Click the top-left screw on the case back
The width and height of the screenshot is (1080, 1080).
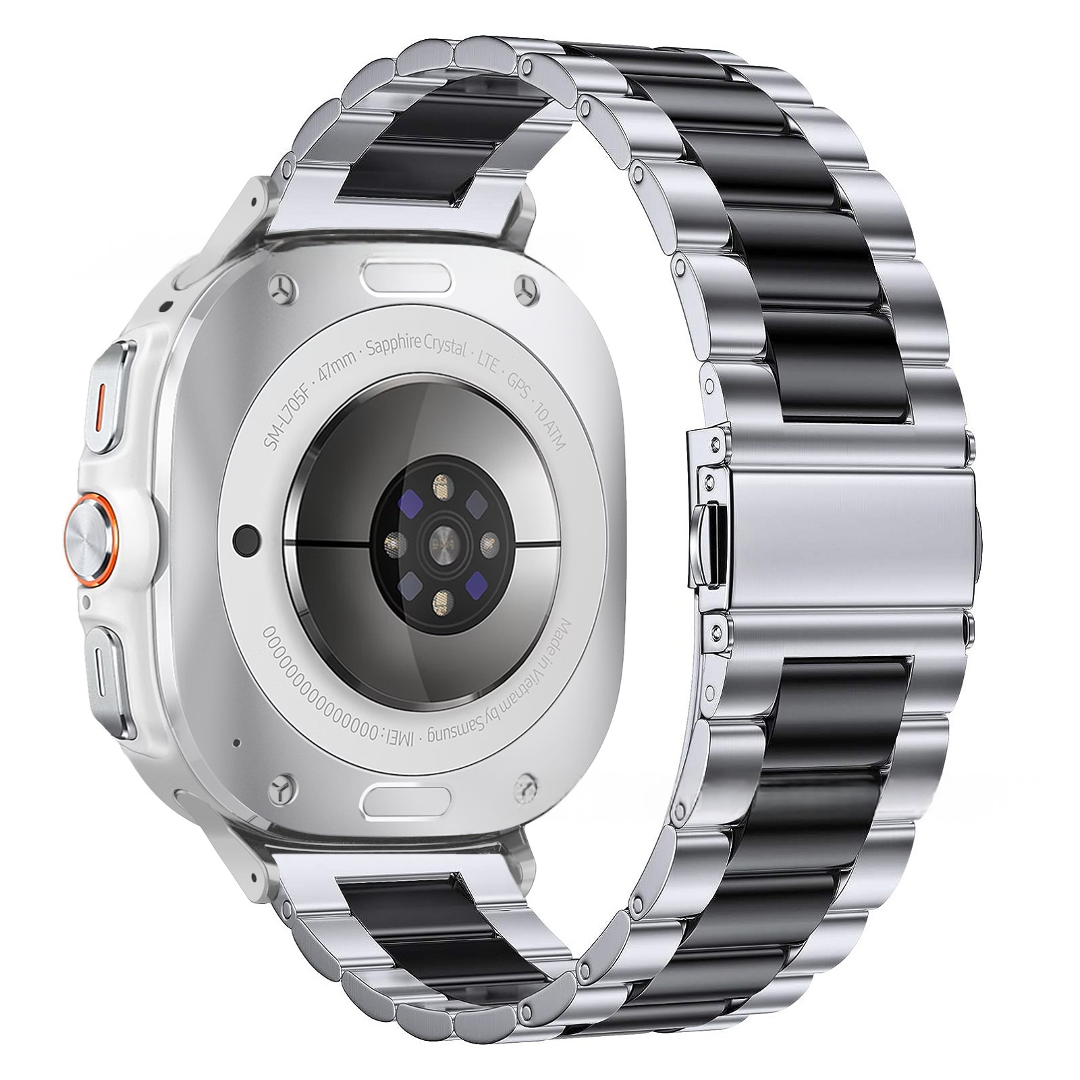282,290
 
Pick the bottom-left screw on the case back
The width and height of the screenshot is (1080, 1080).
282,789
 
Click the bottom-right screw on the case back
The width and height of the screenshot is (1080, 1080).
525,789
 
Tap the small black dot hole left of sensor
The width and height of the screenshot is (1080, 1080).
247,540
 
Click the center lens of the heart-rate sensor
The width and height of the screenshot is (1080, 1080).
442,541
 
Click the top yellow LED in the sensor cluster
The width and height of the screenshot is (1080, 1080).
441,485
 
